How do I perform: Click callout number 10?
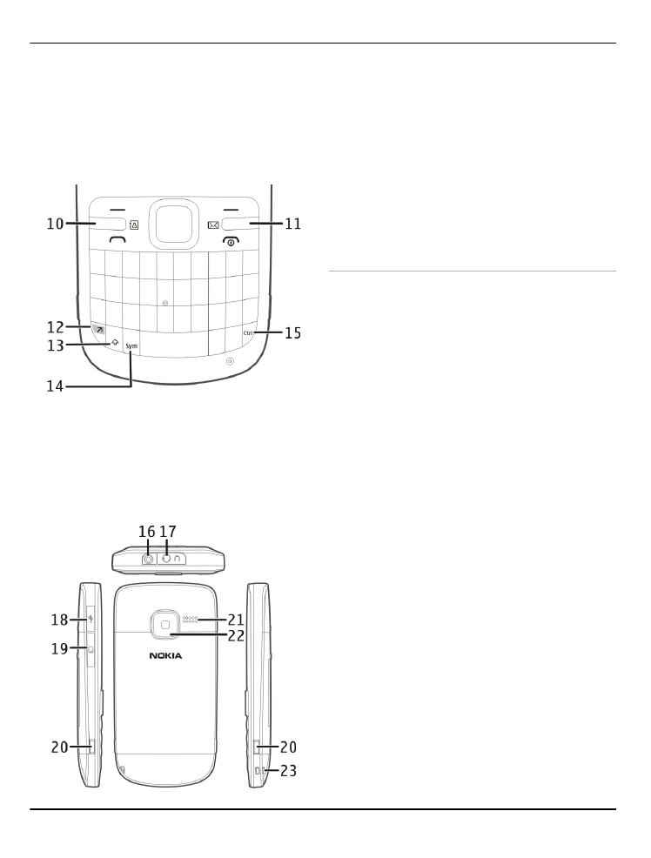click(x=55, y=224)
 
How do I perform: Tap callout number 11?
click(x=293, y=224)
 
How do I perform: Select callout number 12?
click(x=55, y=327)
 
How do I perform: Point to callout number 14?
click(x=55, y=386)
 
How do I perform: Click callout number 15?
click(x=293, y=332)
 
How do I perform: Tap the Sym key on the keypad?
click(x=131, y=346)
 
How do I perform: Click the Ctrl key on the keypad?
click(x=248, y=332)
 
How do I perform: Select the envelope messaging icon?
click(x=213, y=225)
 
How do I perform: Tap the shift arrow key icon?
click(x=115, y=343)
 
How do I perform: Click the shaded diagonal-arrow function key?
click(x=99, y=330)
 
